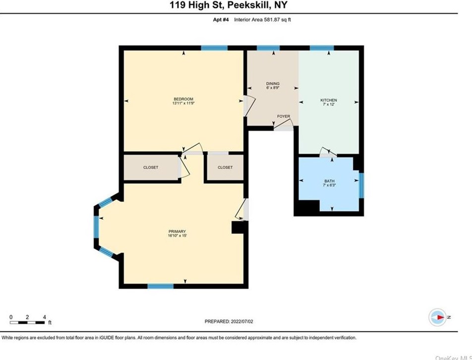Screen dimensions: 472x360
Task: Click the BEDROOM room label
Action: [183, 99]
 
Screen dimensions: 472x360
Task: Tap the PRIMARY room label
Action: [177, 232]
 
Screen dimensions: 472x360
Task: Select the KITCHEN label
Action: [328, 100]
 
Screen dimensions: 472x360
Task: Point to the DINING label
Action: [273, 84]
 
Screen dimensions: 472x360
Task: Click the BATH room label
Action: [329, 181]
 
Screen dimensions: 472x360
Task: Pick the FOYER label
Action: [284, 117]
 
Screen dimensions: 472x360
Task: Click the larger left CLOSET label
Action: [151, 168]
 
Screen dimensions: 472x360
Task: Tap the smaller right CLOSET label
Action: [225, 168]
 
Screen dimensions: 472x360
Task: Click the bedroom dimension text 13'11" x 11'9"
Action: [183, 103]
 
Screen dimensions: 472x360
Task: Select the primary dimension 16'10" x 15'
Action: [177, 236]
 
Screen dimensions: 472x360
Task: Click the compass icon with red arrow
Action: [437, 317]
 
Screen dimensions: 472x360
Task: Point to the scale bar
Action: [27, 323]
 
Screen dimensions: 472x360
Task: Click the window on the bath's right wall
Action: [361, 185]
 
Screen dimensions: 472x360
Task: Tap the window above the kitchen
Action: [322, 48]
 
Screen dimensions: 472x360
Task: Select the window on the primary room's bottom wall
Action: [161, 286]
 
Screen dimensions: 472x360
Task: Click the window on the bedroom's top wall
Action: [214, 48]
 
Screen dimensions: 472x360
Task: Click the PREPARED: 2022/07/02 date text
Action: [229, 321]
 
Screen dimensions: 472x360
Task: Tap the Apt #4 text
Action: [221, 20]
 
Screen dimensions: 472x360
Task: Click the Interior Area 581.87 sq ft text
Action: [262, 20]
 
